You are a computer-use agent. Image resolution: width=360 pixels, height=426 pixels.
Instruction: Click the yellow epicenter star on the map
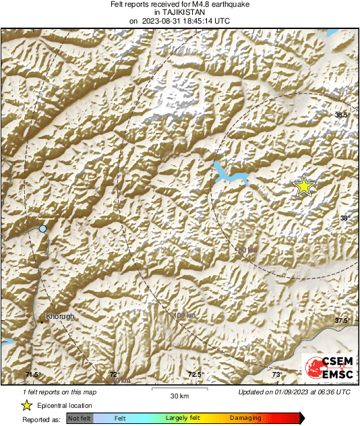(x=305, y=185)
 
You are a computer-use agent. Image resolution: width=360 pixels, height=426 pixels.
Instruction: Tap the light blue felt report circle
(x=43, y=229)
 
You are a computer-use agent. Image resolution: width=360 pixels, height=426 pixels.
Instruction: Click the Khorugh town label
(x=59, y=316)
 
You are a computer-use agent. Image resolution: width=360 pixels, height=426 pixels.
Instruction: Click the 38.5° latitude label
(x=343, y=115)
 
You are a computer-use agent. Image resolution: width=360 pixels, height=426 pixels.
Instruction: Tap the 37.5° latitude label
(x=343, y=320)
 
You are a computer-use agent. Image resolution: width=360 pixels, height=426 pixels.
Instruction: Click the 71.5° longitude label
(x=33, y=375)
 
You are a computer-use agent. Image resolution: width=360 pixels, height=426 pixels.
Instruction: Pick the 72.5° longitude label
(x=196, y=375)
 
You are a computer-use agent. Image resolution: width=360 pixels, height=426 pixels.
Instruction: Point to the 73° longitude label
(x=276, y=375)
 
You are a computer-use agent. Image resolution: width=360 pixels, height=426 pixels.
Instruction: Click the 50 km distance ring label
(x=247, y=250)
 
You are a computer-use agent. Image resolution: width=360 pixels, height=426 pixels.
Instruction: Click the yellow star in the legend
(x=27, y=405)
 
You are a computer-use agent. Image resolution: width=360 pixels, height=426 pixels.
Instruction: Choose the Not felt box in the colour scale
(x=79, y=419)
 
